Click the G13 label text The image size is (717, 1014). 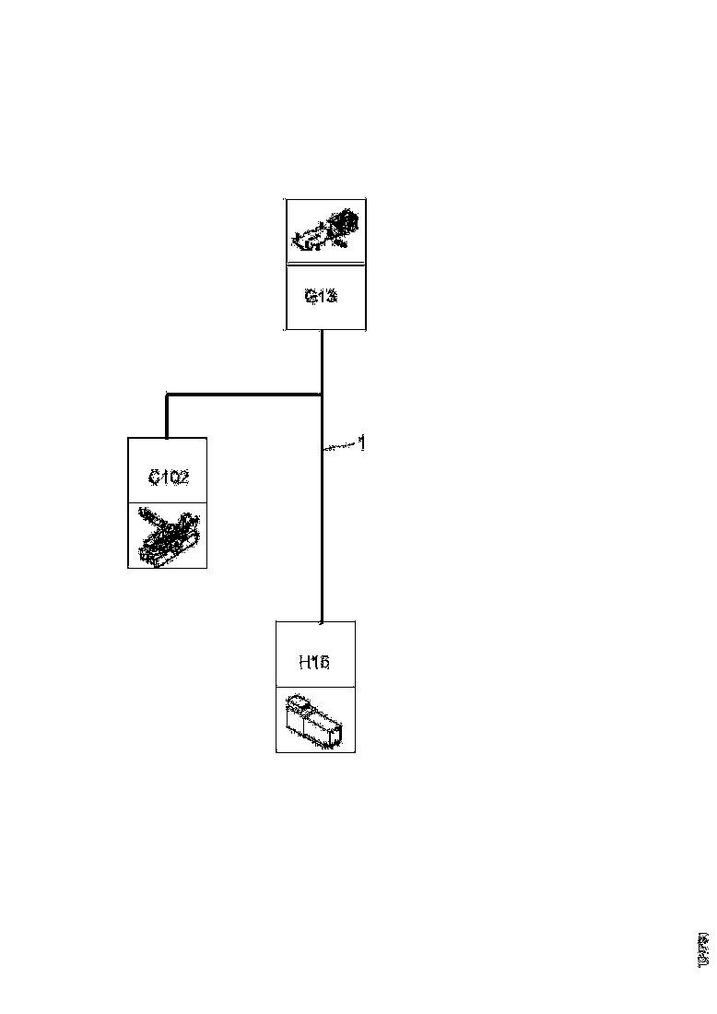(x=321, y=297)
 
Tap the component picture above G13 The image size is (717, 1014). (x=325, y=231)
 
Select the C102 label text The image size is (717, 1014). (x=169, y=478)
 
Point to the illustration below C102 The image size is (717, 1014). (x=167, y=536)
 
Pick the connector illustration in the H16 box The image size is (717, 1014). (x=315, y=719)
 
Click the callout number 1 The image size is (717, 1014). (x=362, y=443)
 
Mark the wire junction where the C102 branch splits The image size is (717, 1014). (x=321, y=395)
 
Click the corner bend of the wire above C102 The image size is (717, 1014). (x=167, y=395)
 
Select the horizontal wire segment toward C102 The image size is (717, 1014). (x=244, y=395)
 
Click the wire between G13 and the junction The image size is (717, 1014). (x=321, y=361)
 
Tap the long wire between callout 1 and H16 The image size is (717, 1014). (x=321, y=535)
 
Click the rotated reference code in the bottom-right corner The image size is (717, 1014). (x=703, y=950)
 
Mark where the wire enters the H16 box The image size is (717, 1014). (x=321, y=620)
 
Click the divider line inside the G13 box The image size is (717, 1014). (x=325, y=265)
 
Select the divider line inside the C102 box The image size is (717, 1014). (x=167, y=503)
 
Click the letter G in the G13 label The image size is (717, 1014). (x=311, y=297)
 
